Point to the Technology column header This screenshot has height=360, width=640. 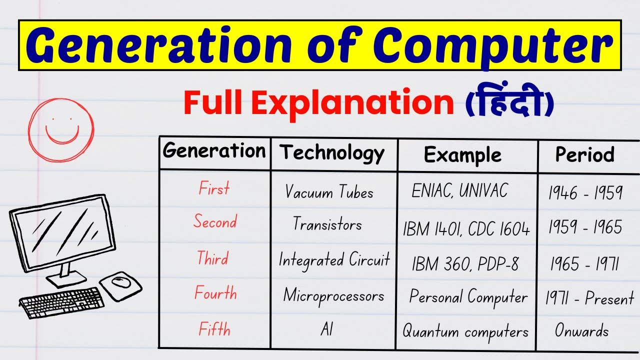point(332,153)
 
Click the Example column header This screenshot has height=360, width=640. point(462,155)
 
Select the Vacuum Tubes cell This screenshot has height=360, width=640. point(329,192)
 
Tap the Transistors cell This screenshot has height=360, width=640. point(327,224)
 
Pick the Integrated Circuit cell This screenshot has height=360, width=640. point(334,260)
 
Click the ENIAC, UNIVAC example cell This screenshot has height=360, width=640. point(459,191)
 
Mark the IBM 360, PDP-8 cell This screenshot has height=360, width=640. point(465,264)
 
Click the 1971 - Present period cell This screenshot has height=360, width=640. point(589,299)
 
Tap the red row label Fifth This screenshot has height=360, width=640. point(214,330)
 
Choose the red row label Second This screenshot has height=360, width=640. point(215,221)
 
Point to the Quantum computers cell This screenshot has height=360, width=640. point(465,331)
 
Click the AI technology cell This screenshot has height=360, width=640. point(326,329)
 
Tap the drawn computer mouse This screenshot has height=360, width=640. point(120,283)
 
